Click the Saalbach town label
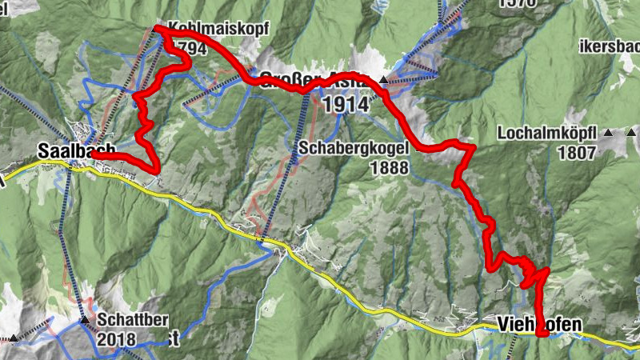[x=77, y=150]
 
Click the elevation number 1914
[x=346, y=104]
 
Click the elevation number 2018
[x=118, y=339]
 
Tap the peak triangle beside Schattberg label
[x=84, y=320]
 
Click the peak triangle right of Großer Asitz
[x=384, y=80]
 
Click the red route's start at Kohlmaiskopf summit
[x=157, y=30]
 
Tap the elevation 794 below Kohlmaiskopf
[x=196, y=49]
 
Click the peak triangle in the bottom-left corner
[x=13, y=338]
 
